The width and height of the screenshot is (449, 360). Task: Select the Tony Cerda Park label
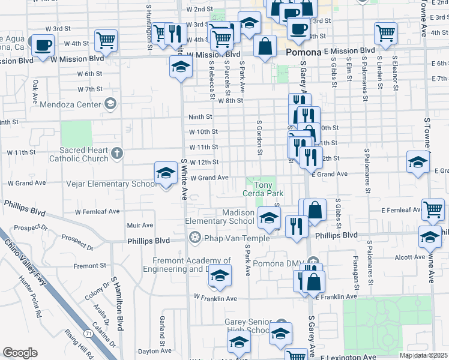(x=262, y=189)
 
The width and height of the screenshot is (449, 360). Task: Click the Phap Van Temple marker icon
(x=194, y=238)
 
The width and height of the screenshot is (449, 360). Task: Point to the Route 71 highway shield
(x=88, y=332)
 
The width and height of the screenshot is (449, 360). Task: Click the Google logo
(x=20, y=353)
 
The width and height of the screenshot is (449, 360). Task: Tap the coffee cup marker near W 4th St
(x=42, y=45)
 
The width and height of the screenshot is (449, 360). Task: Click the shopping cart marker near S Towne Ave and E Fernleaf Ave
(x=433, y=209)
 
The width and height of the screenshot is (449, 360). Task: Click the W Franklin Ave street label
(x=215, y=298)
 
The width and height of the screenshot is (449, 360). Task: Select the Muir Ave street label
(x=140, y=225)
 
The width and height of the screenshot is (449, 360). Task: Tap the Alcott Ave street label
(x=411, y=257)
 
